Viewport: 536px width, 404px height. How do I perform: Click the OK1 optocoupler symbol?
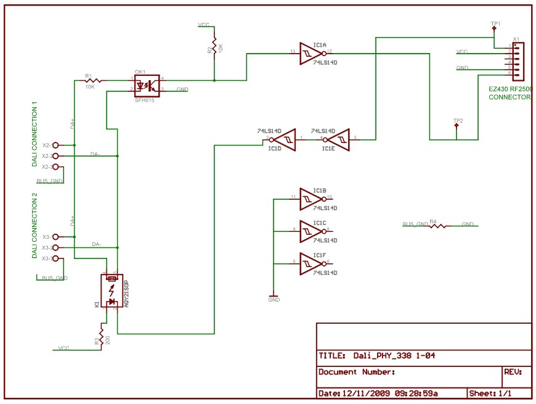point(147,85)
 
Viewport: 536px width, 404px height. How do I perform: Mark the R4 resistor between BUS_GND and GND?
point(437,226)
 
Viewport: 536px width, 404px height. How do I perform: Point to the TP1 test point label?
point(495,23)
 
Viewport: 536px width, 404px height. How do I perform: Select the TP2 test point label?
point(457,120)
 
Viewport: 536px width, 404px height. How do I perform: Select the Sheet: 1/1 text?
point(491,393)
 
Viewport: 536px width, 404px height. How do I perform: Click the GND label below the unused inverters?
point(274,300)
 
